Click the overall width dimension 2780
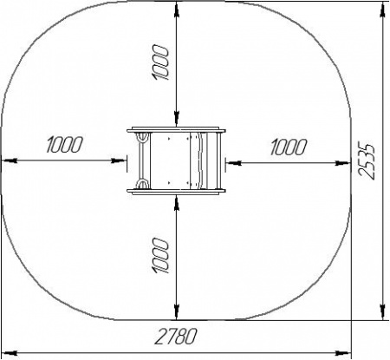coord(175,337)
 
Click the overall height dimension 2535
coord(367,160)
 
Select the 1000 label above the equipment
coord(159,62)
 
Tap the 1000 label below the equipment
coord(159,256)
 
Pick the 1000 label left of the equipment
coord(64,144)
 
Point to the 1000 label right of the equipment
coord(289,147)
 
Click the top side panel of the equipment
coord(176,129)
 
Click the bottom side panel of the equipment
coord(176,191)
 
